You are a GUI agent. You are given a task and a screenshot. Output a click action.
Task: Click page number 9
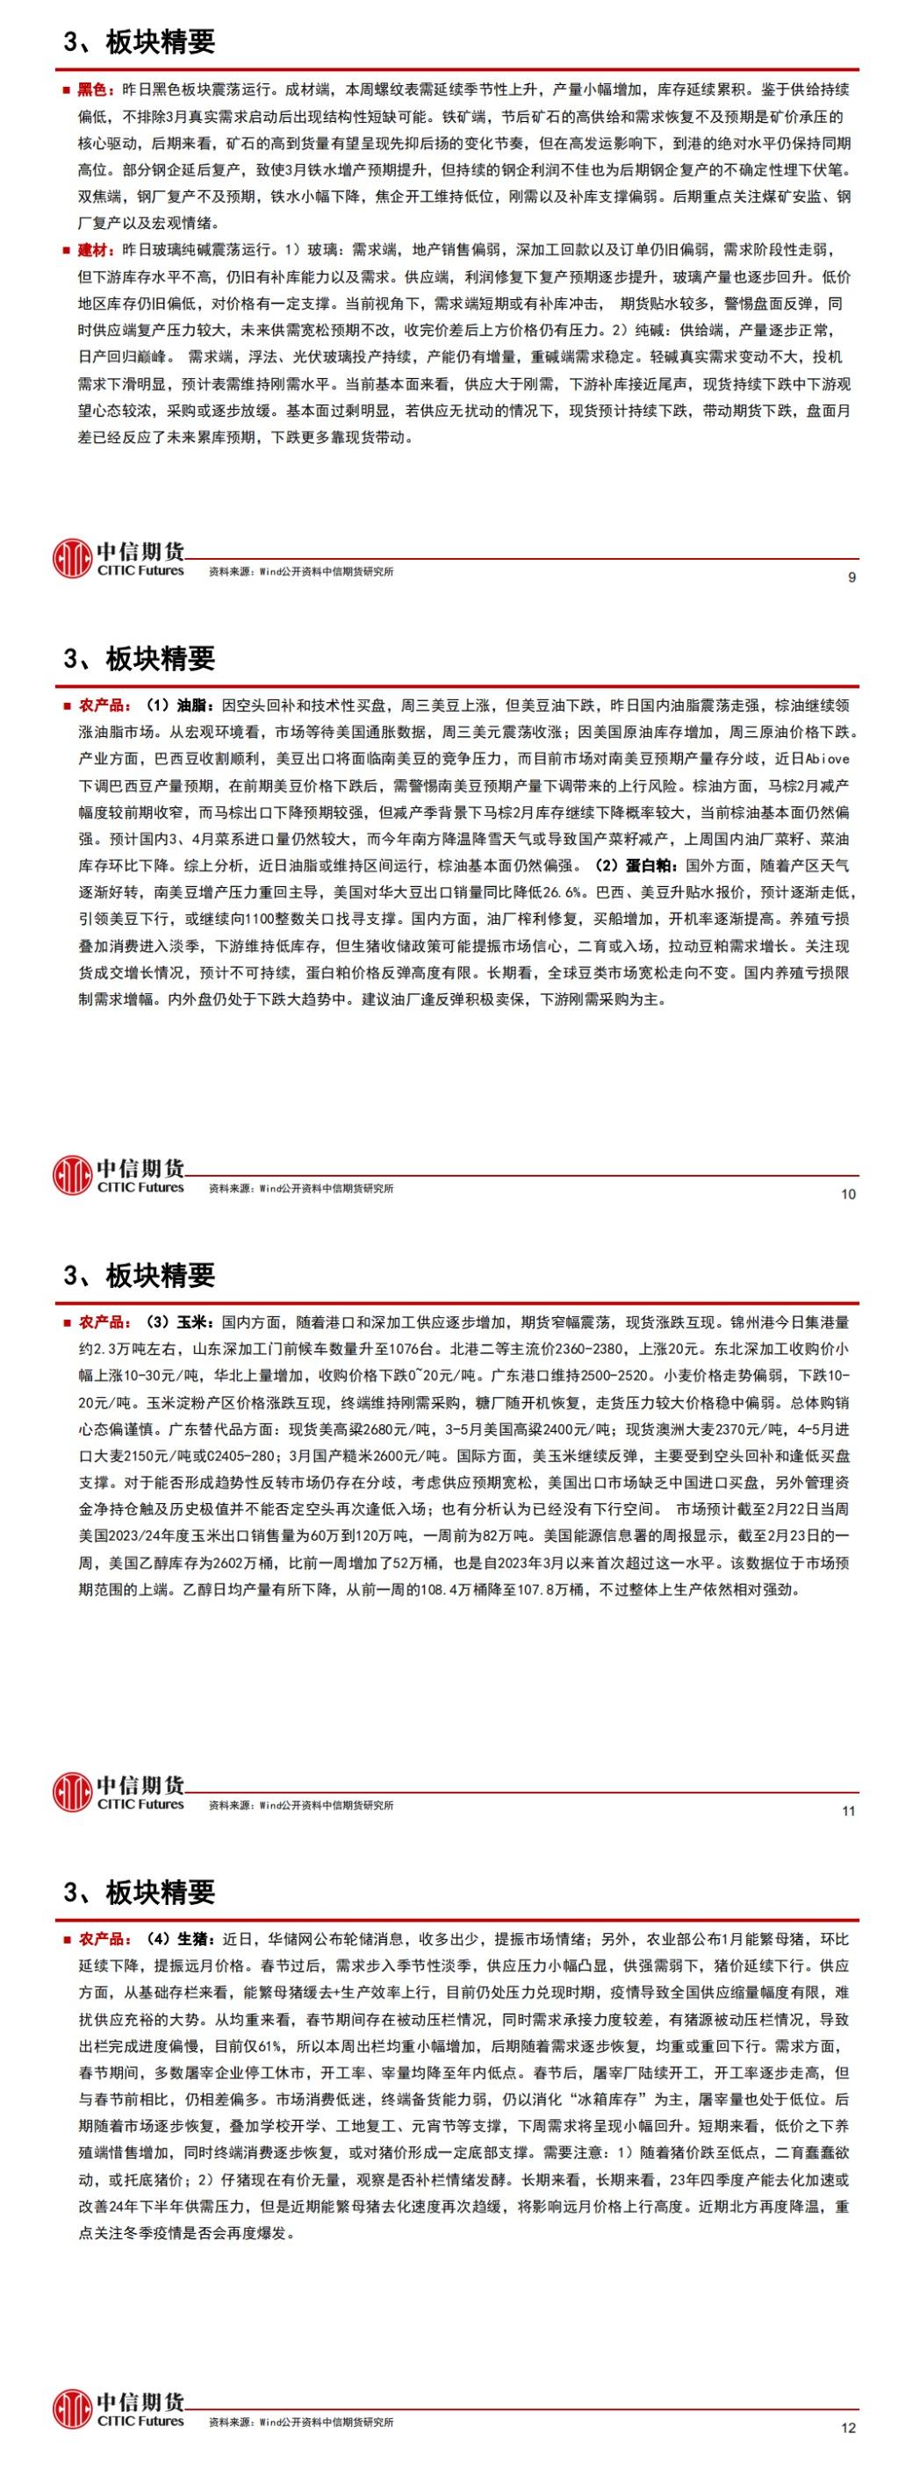[851, 577]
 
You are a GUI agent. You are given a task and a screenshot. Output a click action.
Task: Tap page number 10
[848, 1194]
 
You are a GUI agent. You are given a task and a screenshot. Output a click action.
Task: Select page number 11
[848, 1811]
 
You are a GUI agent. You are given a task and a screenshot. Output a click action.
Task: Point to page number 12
[848, 2428]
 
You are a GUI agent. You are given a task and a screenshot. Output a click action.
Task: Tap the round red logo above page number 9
[72, 558]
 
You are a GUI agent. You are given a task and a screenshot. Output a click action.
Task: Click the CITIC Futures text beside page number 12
[140, 2422]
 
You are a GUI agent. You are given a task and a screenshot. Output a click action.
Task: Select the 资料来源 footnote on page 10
[301, 1189]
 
